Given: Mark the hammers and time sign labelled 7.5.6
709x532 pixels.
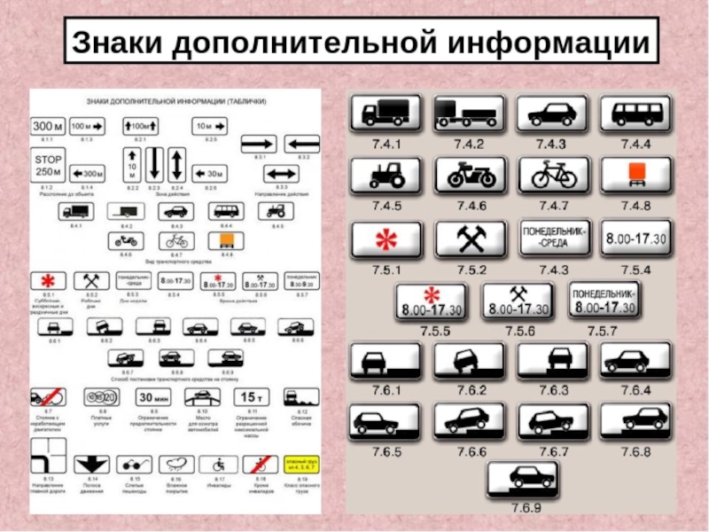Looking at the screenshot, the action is tap(518, 301).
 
